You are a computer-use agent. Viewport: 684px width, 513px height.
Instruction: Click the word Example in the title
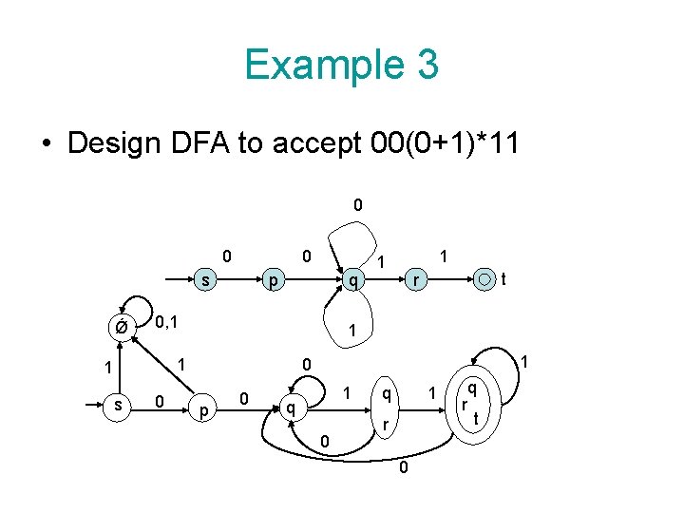(x=312, y=65)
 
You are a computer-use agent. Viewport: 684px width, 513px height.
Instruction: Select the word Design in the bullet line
(x=119, y=143)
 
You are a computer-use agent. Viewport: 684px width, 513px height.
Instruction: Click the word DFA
(x=209, y=143)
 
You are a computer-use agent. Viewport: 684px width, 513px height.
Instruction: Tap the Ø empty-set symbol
(x=121, y=329)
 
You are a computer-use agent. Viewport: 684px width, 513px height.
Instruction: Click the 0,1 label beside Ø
(x=168, y=323)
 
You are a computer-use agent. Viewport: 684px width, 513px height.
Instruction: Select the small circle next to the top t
(x=485, y=279)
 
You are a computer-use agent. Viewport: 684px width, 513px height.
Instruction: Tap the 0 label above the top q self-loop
(x=357, y=204)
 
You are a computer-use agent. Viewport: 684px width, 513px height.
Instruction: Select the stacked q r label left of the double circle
(x=385, y=407)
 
